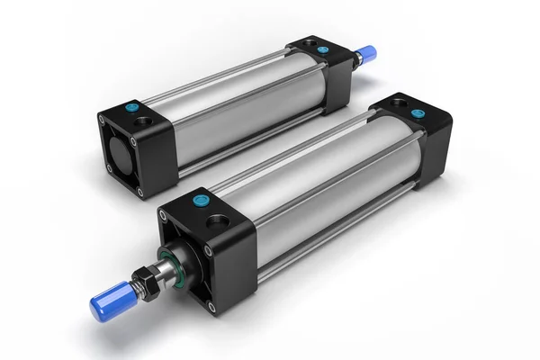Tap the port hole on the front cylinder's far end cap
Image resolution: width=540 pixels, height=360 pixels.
tap(394, 103)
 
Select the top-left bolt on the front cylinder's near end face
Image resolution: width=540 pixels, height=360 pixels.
tap(165, 216)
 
